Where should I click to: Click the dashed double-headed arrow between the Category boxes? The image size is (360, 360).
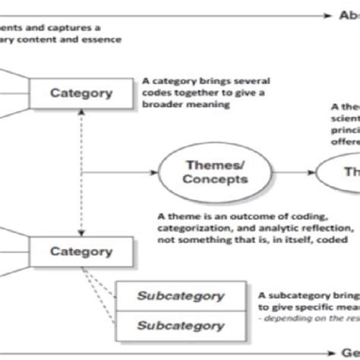click(81, 171)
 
